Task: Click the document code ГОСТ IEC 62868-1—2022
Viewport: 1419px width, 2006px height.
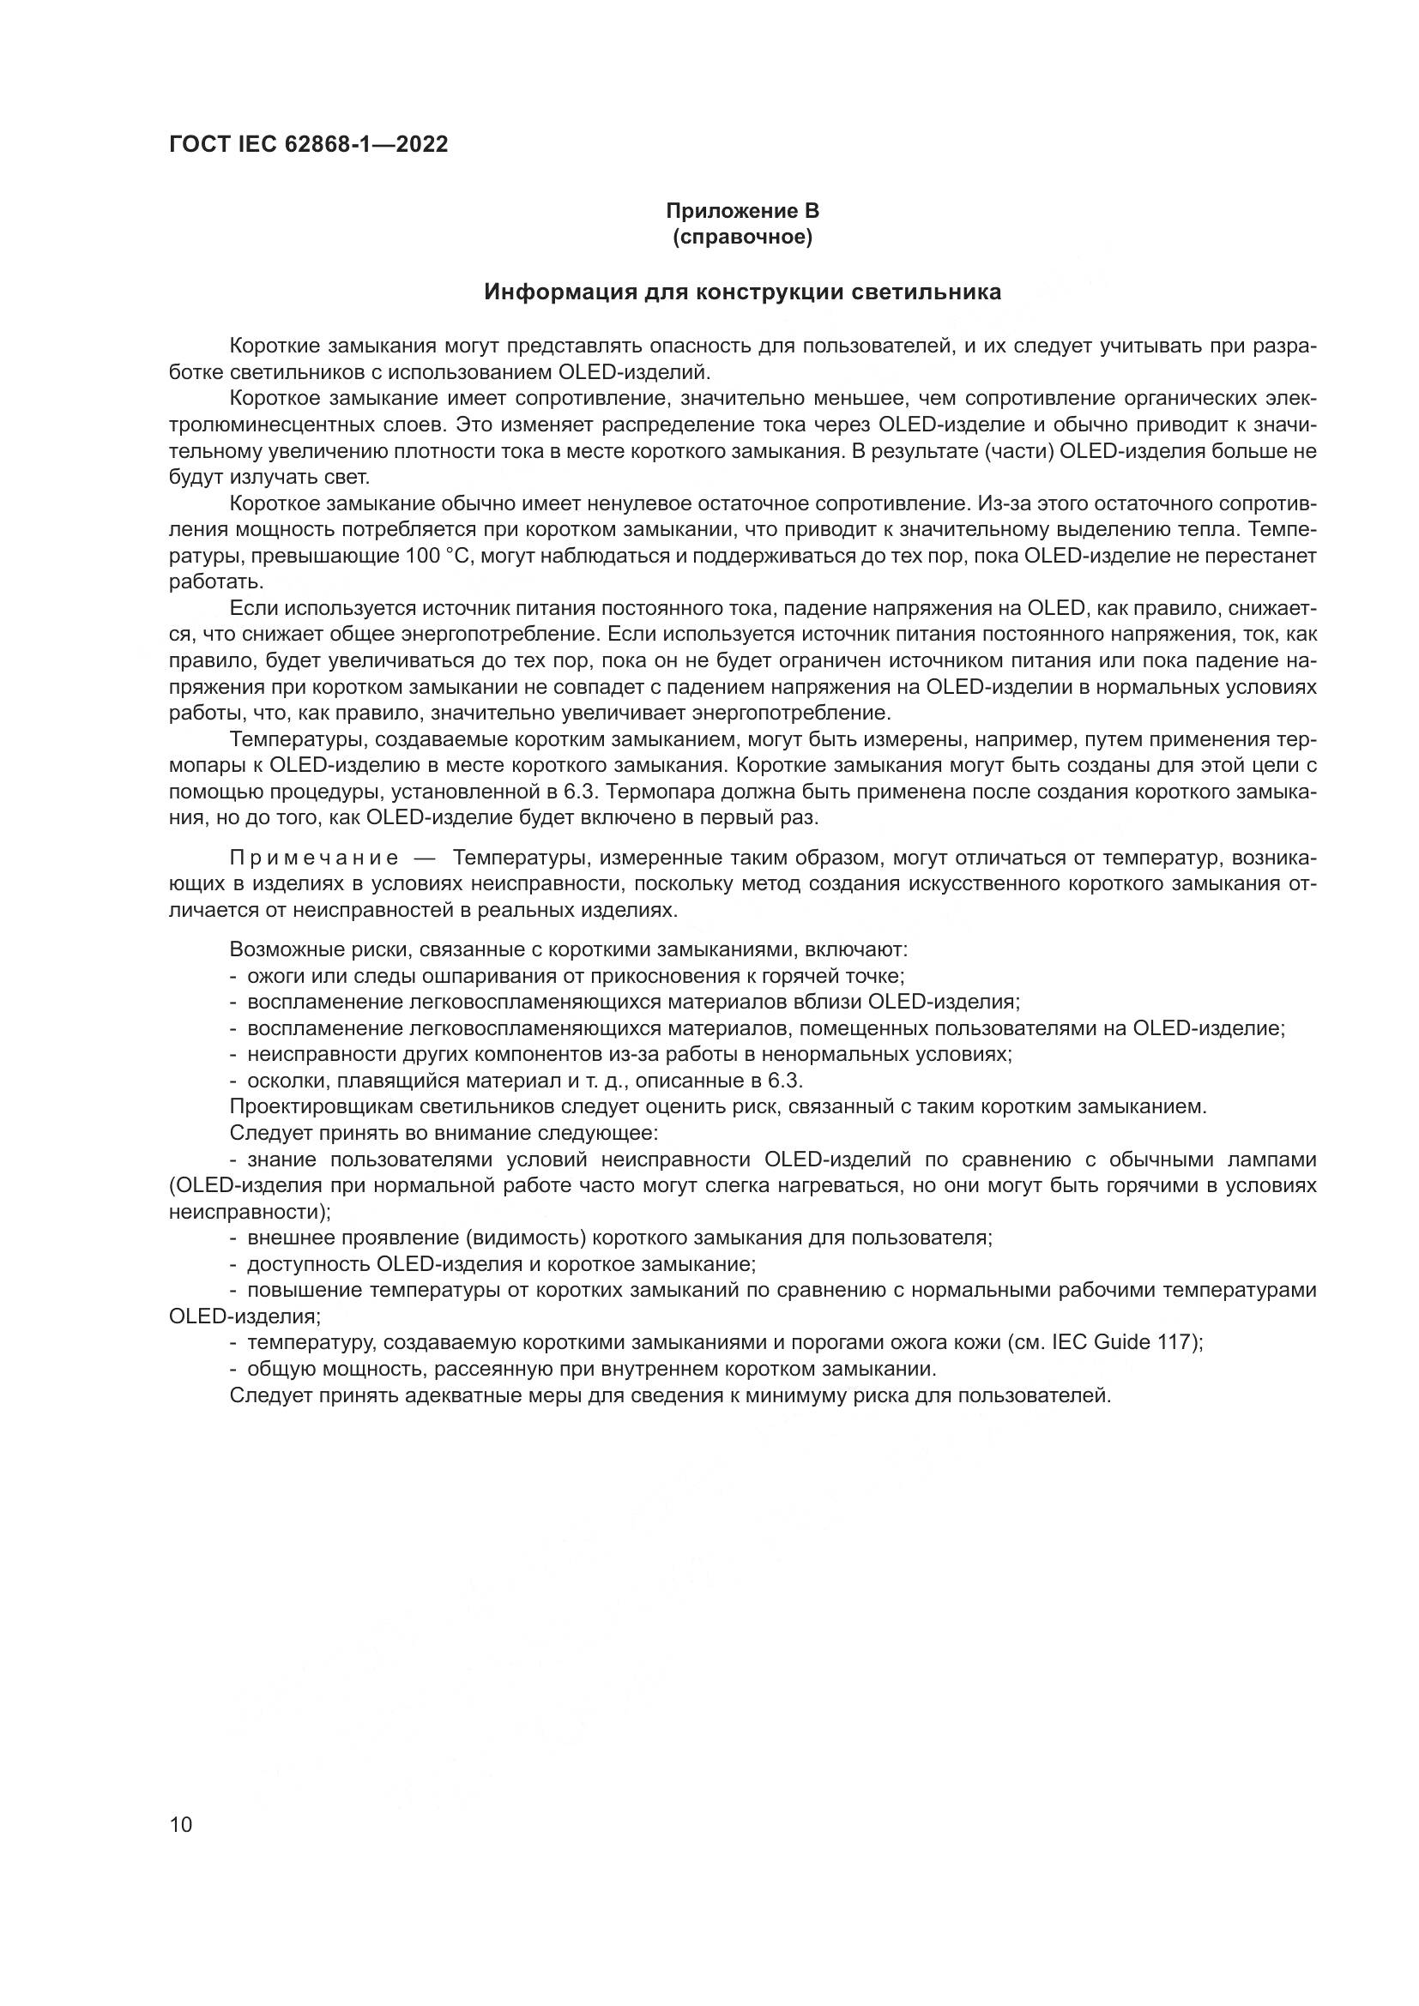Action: coord(308,145)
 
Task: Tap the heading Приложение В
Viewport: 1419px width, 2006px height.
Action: coord(742,211)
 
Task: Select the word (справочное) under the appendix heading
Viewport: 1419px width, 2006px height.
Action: coord(742,238)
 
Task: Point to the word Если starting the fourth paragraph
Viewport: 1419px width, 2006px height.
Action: coord(252,608)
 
